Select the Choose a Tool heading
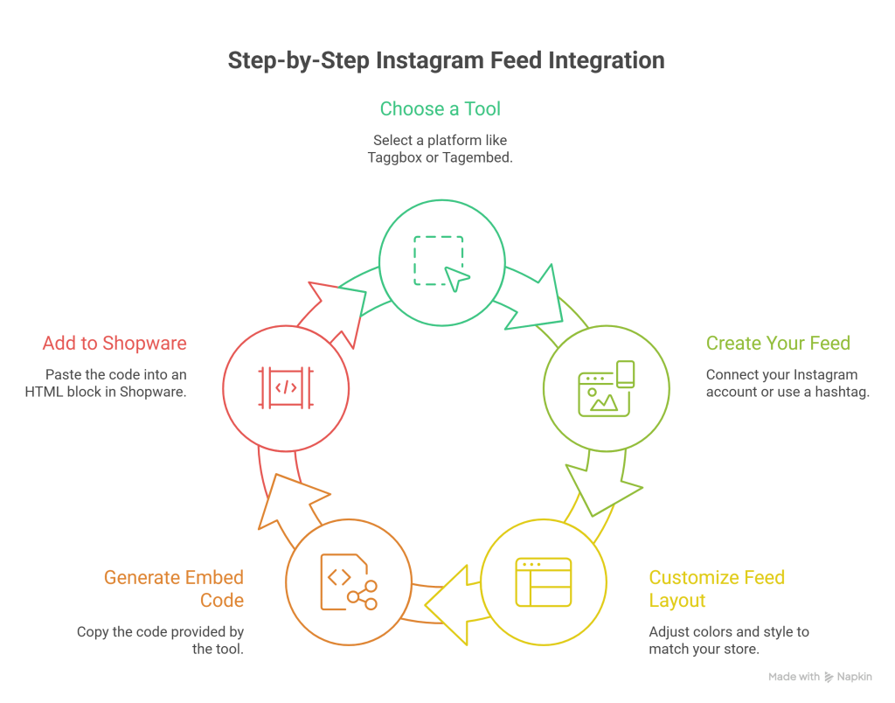pyautogui.click(x=440, y=109)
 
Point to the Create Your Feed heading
pyautogui.click(x=778, y=343)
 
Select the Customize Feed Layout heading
pyautogui.click(x=717, y=588)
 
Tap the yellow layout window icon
pyautogui.click(x=543, y=581)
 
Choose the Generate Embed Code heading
pyautogui.click(x=173, y=588)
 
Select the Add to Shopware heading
pyautogui.click(x=114, y=343)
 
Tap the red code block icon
pyautogui.click(x=286, y=386)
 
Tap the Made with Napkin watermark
pyautogui.click(x=819, y=677)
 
